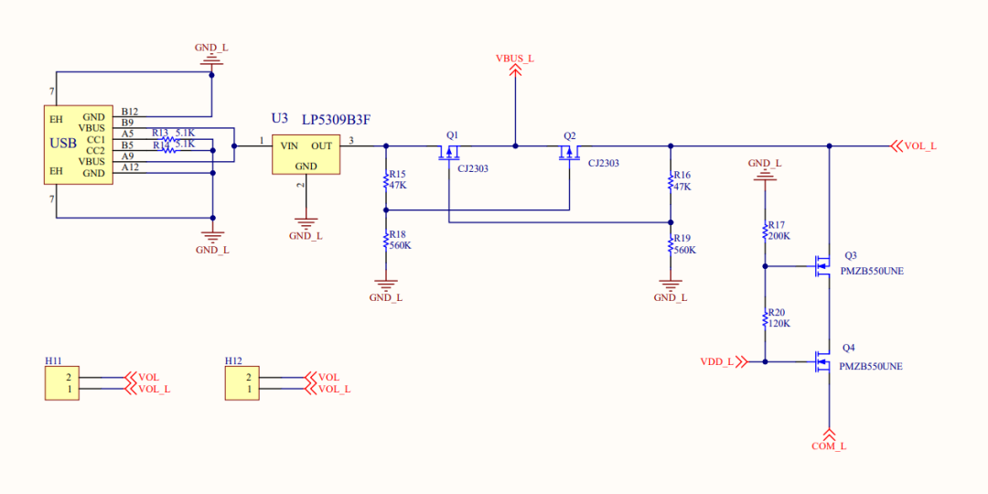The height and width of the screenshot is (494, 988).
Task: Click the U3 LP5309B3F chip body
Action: (306, 155)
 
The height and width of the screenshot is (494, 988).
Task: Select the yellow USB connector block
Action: (79, 145)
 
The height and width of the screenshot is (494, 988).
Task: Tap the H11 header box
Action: (62, 382)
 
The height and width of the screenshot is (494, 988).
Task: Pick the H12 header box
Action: (242, 382)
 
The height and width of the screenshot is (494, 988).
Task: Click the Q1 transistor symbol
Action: (449, 152)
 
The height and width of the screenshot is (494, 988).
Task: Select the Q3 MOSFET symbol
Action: (822, 266)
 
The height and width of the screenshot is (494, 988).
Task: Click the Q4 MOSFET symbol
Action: (822, 361)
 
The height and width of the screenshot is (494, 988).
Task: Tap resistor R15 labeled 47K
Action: (385, 180)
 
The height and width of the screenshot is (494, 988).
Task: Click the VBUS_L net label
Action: (514, 59)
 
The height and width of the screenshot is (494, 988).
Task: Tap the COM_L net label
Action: (829, 446)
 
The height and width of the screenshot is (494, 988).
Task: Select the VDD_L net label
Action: (717, 361)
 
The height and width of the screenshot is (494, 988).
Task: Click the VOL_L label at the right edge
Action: (919, 145)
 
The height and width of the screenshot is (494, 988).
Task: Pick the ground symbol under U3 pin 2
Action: (306, 222)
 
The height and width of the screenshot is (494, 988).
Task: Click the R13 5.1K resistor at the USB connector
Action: (168, 139)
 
